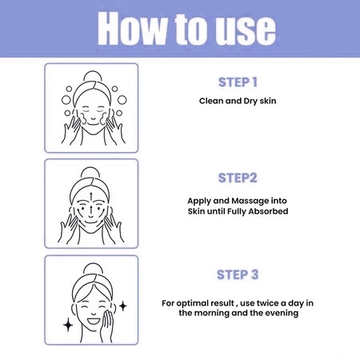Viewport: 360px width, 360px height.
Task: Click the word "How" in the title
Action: coord(133,29)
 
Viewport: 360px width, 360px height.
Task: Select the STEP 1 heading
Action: coord(238,82)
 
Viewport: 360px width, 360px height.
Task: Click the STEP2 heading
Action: coord(238,178)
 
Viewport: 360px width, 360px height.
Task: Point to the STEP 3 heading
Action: coord(238,274)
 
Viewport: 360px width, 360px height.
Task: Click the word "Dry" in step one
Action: coord(250,102)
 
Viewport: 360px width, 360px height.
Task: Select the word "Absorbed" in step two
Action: coord(268,211)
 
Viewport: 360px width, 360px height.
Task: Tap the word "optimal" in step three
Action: coord(192,303)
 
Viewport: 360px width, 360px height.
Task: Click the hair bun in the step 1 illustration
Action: coord(93,76)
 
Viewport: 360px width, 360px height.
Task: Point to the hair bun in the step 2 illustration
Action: coord(90,172)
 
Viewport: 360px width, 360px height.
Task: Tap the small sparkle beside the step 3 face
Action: coord(123,306)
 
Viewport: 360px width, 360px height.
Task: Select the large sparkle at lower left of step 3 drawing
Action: coord(68,325)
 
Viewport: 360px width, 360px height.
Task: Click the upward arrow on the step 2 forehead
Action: coord(91,198)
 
